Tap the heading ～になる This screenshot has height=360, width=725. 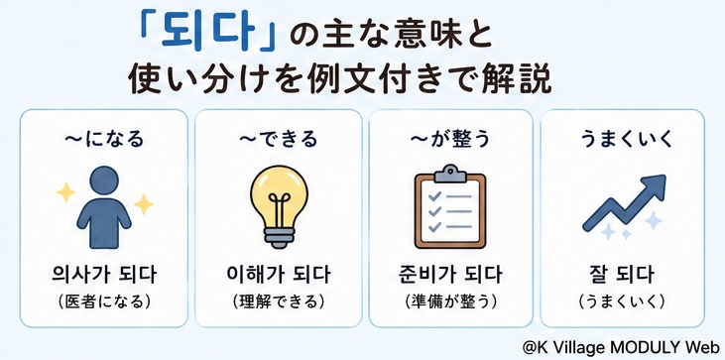tap(103, 139)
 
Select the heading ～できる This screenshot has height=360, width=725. tap(279, 139)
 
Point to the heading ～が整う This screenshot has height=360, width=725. tap(450, 139)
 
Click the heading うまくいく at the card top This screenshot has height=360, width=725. tap(627, 139)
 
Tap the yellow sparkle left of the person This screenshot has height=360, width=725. tap(65, 192)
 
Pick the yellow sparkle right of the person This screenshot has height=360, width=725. tap(144, 203)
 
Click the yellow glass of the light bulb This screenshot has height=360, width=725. tap(279, 195)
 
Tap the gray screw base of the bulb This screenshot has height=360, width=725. tap(279, 236)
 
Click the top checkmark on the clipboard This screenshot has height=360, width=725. tap(434, 197)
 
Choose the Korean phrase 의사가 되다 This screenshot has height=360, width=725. tap(104, 276)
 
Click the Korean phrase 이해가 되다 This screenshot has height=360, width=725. tap(279, 276)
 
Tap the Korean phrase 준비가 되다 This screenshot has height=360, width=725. tap(450, 276)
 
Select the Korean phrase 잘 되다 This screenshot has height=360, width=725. tap(622, 276)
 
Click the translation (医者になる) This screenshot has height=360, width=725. tap(104, 301)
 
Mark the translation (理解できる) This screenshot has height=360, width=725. tap(279, 301)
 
